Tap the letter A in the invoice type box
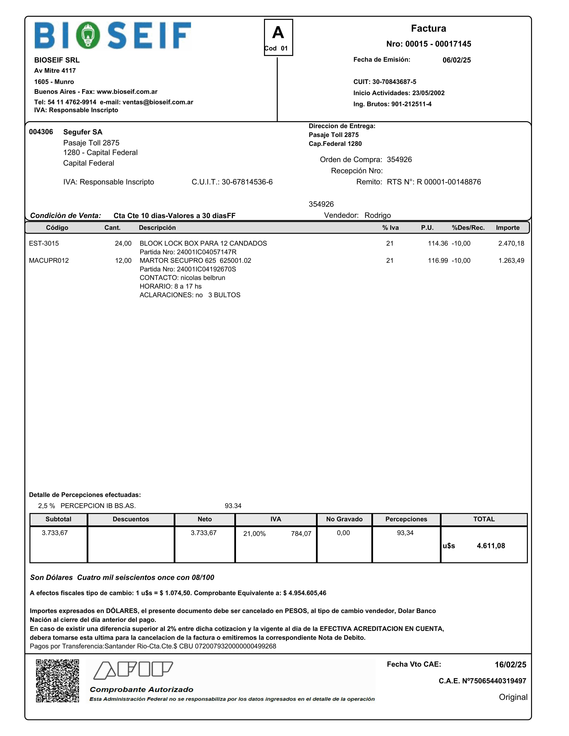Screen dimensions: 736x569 click(x=278, y=33)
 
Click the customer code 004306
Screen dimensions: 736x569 click(x=41, y=132)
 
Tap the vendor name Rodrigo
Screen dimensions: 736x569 click(x=378, y=215)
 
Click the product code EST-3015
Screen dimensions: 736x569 click(x=44, y=243)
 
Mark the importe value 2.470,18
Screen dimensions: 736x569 click(x=511, y=243)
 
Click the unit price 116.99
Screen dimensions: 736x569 click(x=438, y=260)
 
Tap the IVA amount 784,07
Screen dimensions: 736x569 click(x=301, y=534)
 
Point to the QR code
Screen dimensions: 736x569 click(x=57, y=681)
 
